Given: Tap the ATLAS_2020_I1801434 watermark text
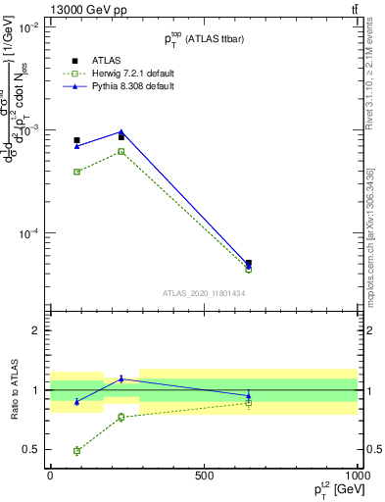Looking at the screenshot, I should pyautogui.click(x=203, y=293).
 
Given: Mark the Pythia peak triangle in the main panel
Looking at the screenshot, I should pyautogui.click(x=120, y=131).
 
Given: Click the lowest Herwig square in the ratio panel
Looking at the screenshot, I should pyautogui.click(x=76, y=451).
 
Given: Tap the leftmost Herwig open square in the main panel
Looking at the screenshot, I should pyautogui.click(x=76, y=172).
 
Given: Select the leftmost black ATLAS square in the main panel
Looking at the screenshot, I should pyautogui.click(x=76, y=140).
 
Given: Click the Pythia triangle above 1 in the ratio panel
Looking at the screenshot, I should pyautogui.click(x=120, y=378).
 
